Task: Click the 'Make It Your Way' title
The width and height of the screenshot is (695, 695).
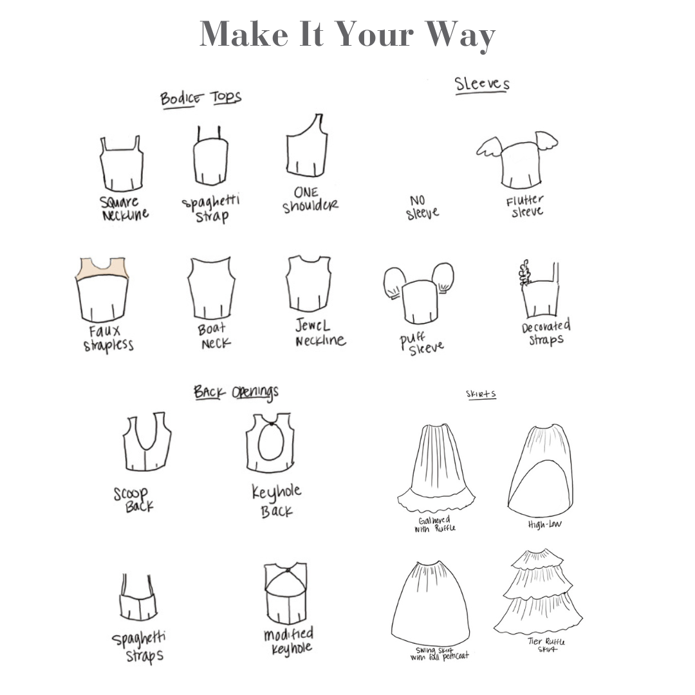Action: click(347, 35)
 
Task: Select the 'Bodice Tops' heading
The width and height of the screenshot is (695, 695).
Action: click(200, 98)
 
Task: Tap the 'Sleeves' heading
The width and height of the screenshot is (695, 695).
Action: click(482, 84)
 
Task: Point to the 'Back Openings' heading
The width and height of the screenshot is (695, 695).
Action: click(236, 392)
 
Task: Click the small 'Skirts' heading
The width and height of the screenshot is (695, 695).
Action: click(481, 394)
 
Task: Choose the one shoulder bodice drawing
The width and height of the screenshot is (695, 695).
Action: click(307, 146)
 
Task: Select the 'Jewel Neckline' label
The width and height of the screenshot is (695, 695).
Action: click(320, 333)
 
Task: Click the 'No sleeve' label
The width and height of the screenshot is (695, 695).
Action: click(422, 208)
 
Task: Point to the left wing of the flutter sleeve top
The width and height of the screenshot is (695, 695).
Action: click(489, 147)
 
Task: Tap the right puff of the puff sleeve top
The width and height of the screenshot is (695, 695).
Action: click(442, 277)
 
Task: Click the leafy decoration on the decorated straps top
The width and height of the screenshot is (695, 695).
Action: click(525, 273)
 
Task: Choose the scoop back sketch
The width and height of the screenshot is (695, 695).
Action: click(147, 441)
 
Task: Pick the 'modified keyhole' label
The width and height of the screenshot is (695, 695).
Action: click(288, 641)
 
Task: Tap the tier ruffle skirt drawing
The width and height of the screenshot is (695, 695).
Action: click(538, 591)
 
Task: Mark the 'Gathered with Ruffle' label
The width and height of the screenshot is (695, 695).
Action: click(435, 524)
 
